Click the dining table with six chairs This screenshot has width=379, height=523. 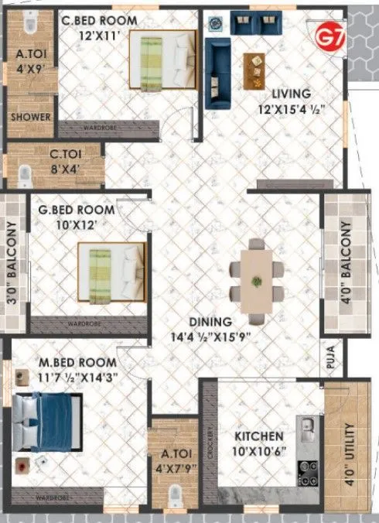[x=256, y=275]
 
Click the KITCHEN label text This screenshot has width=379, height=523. [x=258, y=437]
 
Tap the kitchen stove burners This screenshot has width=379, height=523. [x=309, y=470]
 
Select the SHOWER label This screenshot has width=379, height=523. [x=30, y=118]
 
